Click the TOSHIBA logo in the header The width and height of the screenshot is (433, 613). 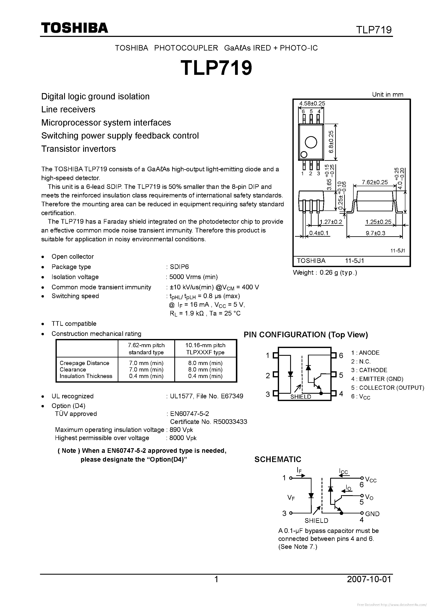coord(74,28)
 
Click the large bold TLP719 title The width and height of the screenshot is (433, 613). coord(216,68)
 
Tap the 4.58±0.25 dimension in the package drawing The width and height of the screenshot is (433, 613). coord(312,103)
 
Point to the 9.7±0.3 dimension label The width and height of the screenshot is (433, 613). coord(375,233)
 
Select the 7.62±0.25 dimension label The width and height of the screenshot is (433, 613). coord(375,182)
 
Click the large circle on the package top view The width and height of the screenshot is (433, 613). coord(311,142)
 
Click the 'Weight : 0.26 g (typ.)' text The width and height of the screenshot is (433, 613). coord(325,272)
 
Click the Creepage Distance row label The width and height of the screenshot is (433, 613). coord(84,363)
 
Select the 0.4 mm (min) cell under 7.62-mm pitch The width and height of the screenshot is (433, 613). coord(146,376)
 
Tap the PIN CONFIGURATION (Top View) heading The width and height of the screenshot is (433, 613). coord(306,335)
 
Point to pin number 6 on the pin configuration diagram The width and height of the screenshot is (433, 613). coord(341,355)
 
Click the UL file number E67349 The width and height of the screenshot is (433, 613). coord(232,396)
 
